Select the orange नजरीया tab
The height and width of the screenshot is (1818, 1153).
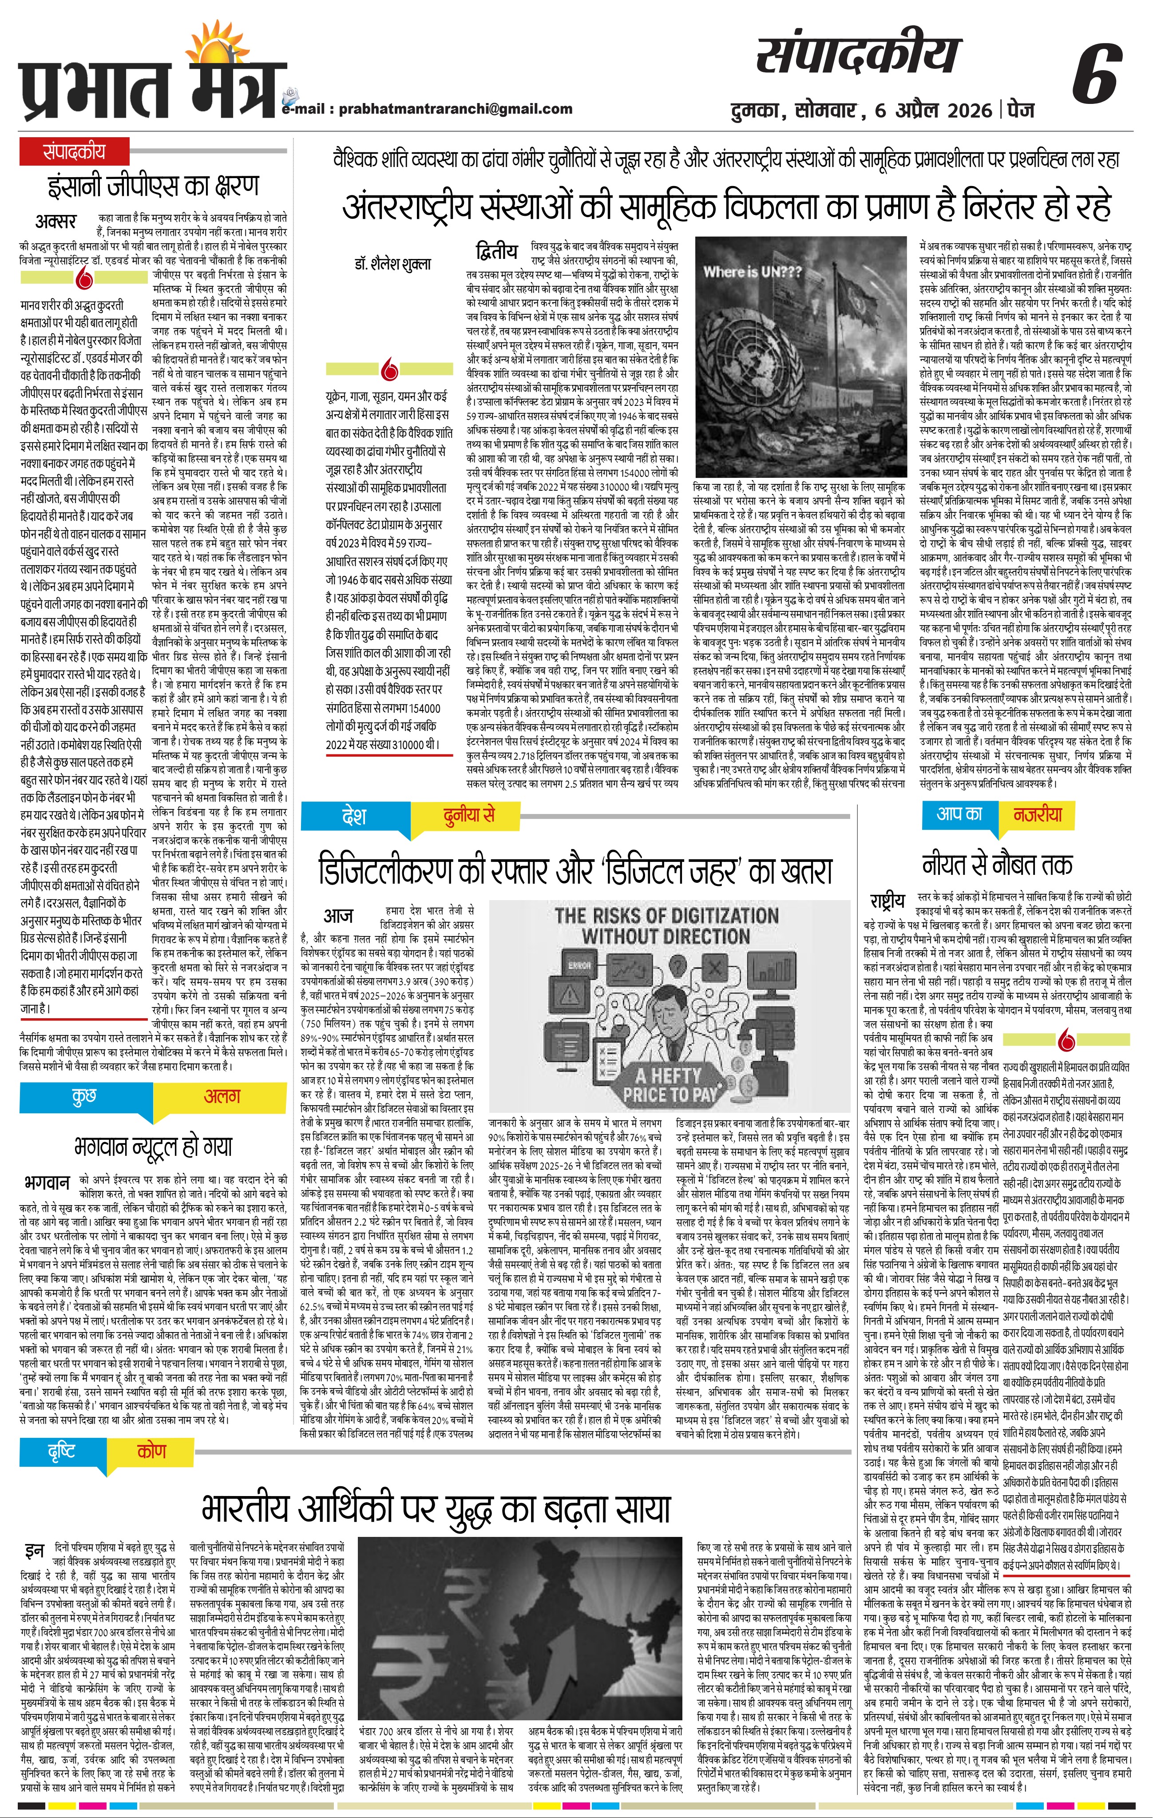[x=1038, y=814]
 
